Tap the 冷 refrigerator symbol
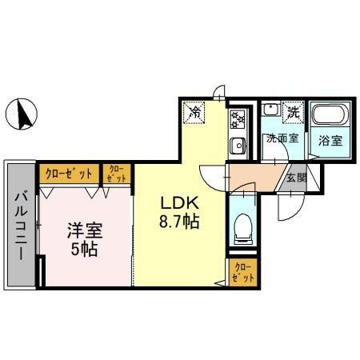(x=194, y=113)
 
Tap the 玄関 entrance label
(x=296, y=178)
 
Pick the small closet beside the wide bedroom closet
(x=116, y=174)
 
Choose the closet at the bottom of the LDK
(x=242, y=272)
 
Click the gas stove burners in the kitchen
(x=238, y=121)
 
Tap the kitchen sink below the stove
(x=238, y=146)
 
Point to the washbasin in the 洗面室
(x=272, y=113)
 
